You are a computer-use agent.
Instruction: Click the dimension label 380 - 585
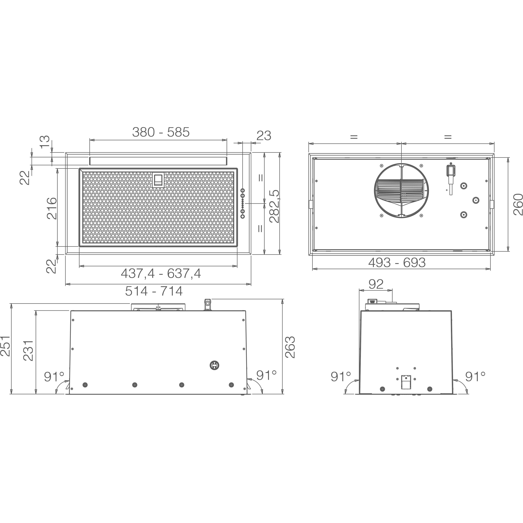(161, 132)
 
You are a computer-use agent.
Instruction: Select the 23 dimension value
(264, 136)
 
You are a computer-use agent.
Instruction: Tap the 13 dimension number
(45, 142)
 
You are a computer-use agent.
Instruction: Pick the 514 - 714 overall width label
(154, 291)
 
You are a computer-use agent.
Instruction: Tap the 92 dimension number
(376, 284)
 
